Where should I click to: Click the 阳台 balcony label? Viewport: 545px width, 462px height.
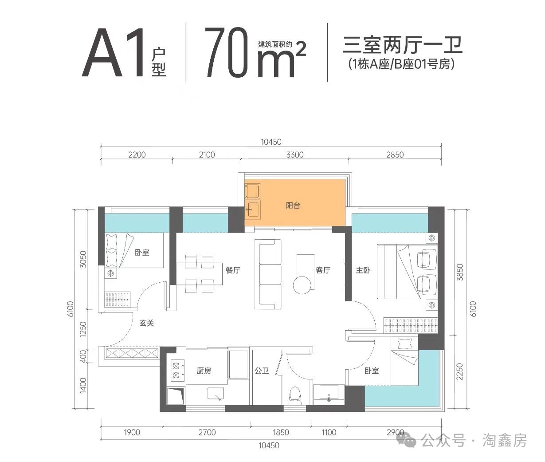point(293,205)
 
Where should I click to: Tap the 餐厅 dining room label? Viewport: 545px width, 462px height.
point(232,270)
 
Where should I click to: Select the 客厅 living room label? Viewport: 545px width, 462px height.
point(323,270)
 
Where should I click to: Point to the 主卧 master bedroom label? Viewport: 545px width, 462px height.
point(363,270)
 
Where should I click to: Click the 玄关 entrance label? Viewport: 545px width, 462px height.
point(147,324)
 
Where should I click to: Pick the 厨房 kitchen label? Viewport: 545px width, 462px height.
point(204,371)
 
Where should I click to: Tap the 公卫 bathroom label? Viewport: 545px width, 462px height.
point(262,371)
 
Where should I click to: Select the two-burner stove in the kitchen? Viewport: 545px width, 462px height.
point(176,371)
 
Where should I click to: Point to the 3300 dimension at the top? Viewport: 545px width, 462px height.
point(295,155)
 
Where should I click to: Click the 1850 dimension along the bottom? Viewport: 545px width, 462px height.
point(280,432)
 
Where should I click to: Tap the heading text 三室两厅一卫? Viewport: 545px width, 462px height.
point(403,45)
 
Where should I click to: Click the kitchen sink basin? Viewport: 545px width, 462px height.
point(216,393)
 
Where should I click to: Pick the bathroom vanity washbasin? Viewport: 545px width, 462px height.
point(329,392)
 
